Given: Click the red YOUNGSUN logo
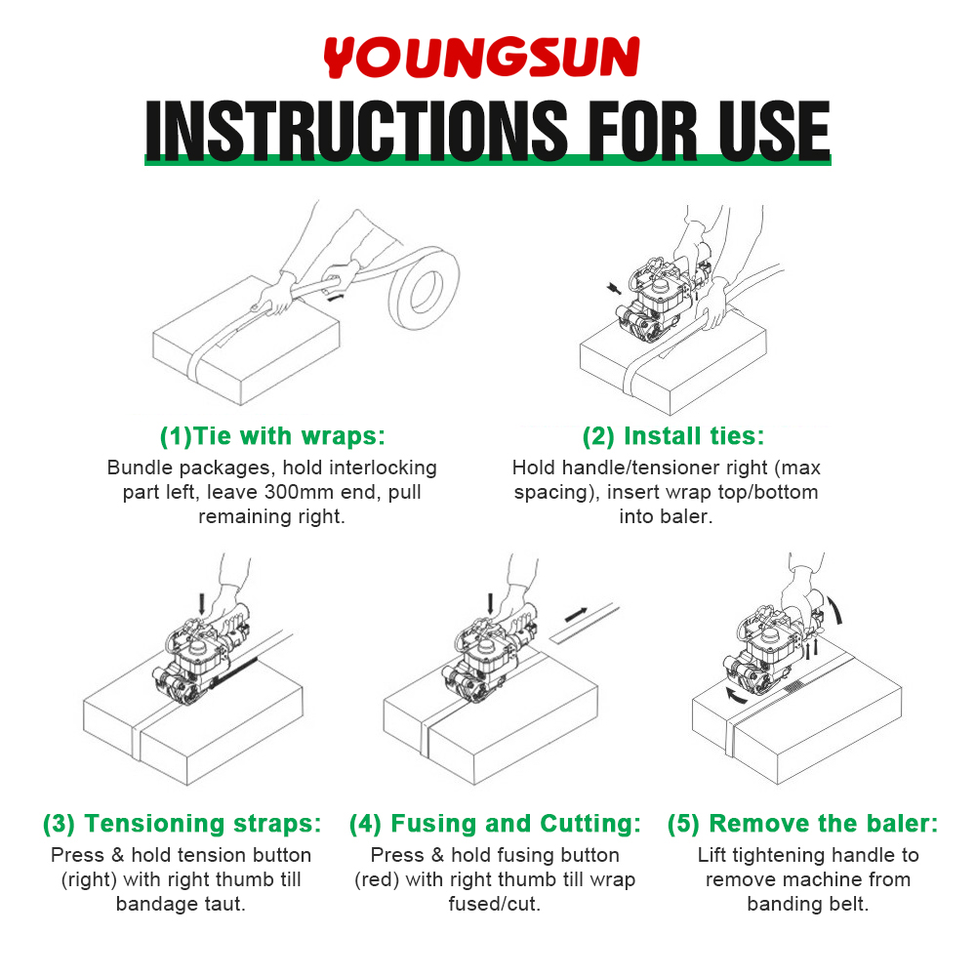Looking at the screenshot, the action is (x=481, y=57).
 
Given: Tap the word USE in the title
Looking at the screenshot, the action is (x=774, y=130).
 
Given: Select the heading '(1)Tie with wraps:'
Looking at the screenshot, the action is (x=272, y=435).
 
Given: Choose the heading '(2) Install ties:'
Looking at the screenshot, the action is (x=672, y=435).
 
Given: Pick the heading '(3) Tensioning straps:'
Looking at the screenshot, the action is (x=182, y=823).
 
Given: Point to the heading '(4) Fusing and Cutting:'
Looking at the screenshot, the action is (x=495, y=823).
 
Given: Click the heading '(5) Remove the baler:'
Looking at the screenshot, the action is (x=802, y=823).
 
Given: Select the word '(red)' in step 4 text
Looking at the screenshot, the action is (x=377, y=879).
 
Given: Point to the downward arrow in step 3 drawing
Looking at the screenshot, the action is (x=201, y=604).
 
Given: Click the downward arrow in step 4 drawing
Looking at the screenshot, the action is (x=491, y=604).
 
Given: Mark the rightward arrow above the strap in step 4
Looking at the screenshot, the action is (x=576, y=615).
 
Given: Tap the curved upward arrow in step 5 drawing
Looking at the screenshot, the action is (x=835, y=609).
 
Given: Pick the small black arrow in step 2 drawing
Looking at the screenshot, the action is (x=614, y=288).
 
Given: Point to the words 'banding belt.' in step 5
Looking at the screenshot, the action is (x=807, y=904).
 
